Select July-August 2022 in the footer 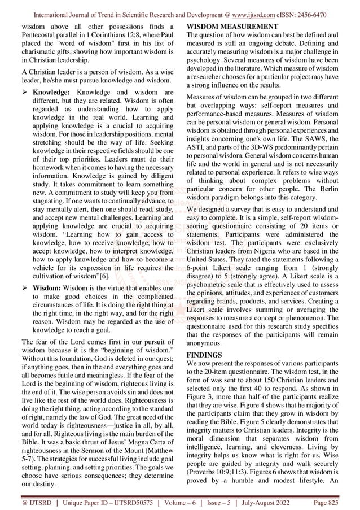(x=269, y=501)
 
